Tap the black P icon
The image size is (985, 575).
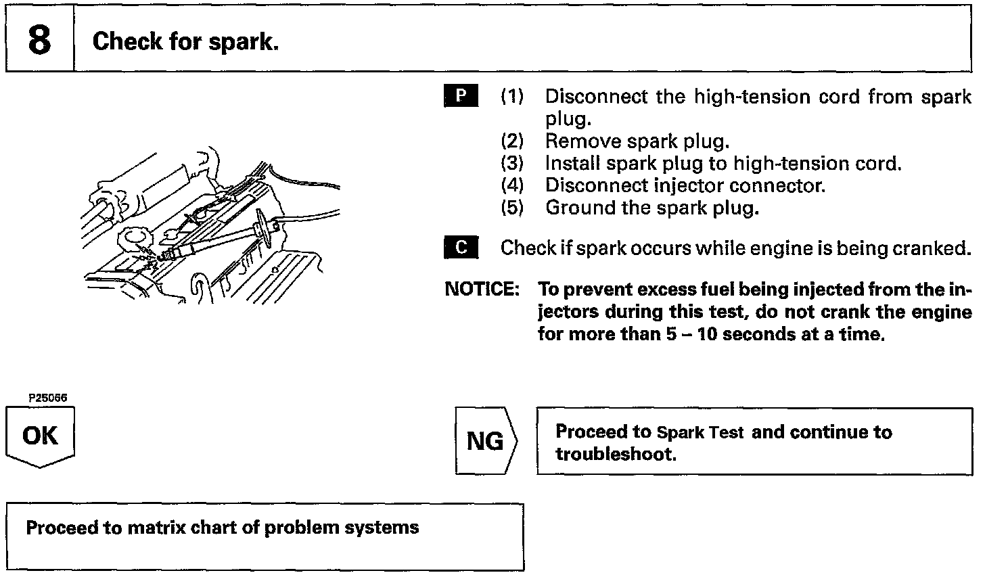tap(461, 96)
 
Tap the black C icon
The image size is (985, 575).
tap(461, 248)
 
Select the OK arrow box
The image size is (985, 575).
tap(40, 436)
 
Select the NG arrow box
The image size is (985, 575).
tap(486, 441)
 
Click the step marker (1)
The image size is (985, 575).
tap(512, 97)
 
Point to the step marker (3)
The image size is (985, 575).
tap(512, 164)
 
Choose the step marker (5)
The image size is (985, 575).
tap(512, 208)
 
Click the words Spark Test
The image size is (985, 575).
tap(700, 432)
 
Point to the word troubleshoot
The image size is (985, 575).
tap(615, 454)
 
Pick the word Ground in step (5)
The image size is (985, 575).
tap(580, 208)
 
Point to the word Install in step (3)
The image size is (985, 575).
tap(574, 164)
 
